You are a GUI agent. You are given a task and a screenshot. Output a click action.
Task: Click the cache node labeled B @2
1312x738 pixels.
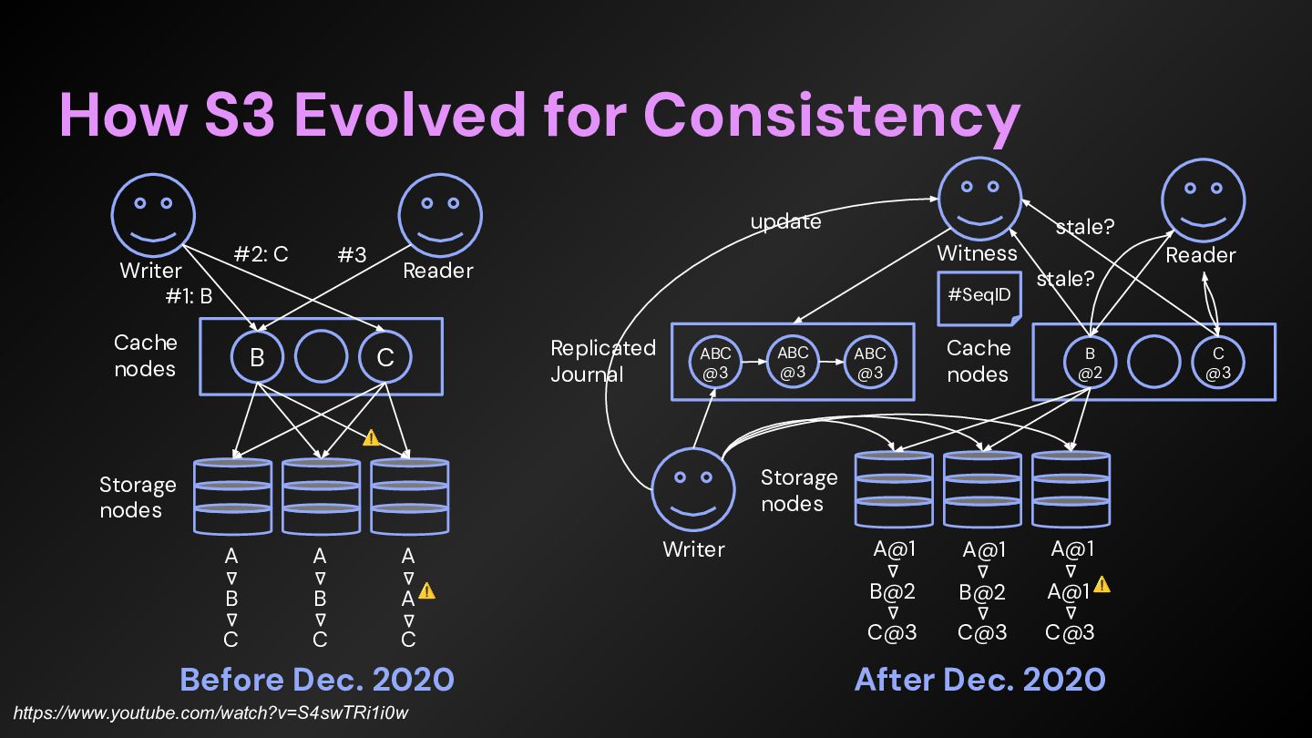(1091, 362)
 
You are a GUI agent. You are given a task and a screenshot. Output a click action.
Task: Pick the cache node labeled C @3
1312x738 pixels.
(1218, 362)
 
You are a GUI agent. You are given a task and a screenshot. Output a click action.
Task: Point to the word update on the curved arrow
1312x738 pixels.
(785, 221)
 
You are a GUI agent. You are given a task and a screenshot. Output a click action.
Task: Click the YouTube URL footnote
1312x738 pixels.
(217, 712)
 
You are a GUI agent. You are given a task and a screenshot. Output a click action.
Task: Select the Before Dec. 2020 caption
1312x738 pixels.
(317, 680)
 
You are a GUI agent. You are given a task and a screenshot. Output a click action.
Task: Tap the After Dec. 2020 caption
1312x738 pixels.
(979, 680)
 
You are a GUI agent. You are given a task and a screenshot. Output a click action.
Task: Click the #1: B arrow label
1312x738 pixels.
(189, 295)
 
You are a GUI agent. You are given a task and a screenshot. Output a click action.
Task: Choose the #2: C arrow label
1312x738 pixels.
(261, 254)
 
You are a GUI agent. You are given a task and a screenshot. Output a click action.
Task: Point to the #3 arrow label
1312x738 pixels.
(352, 255)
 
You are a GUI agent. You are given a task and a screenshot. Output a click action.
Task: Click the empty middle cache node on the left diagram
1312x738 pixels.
(321, 357)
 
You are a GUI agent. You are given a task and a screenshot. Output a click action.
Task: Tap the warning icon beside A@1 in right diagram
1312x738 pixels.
(1102, 584)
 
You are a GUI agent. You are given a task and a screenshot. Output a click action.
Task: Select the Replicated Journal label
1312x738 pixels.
(602, 361)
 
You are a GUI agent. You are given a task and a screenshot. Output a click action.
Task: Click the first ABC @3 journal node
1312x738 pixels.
(715, 362)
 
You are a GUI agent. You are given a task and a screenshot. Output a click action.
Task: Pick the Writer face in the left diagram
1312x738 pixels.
(152, 215)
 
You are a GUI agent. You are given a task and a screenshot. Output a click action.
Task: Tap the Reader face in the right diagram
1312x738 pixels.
(1203, 199)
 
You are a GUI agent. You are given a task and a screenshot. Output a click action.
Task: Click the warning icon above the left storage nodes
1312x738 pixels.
(371, 438)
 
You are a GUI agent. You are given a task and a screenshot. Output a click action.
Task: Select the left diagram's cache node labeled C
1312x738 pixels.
(384, 357)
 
